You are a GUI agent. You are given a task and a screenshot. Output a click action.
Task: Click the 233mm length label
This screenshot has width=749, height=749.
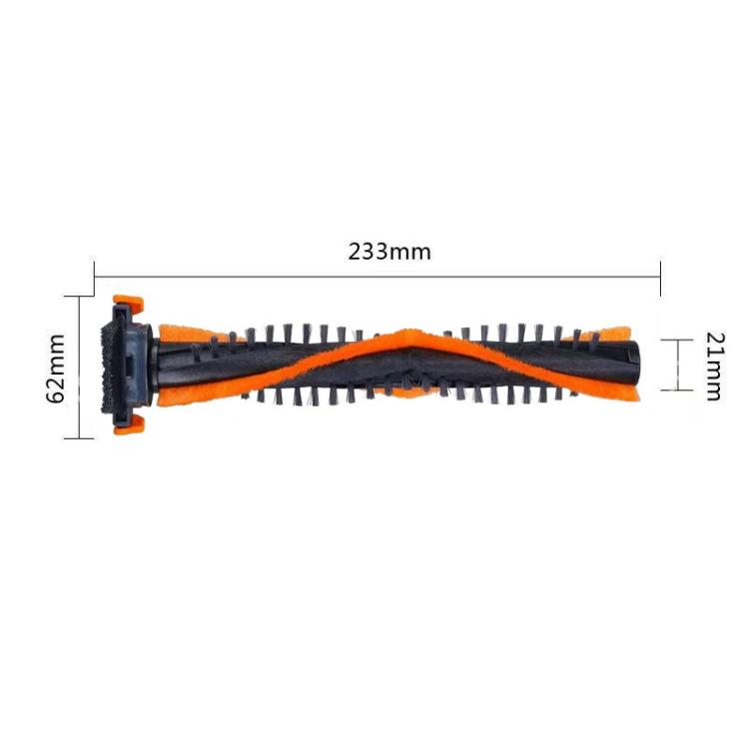[x=389, y=252]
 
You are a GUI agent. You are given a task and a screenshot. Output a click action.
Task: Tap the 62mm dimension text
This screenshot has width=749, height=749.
[x=56, y=367]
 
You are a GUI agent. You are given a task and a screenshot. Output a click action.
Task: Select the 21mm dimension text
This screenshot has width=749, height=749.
[x=712, y=366]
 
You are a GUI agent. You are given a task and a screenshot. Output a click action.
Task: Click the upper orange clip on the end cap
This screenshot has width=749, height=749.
[x=128, y=302]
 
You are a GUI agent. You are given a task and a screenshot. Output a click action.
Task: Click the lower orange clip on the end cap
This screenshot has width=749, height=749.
[x=128, y=424]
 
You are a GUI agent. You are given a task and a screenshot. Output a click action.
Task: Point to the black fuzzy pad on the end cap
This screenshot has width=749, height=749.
[x=104, y=365]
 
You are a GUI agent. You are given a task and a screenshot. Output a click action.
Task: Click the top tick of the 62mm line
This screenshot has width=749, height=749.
[x=78, y=297]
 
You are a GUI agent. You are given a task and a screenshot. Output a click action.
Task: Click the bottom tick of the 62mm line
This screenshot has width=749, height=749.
[x=78, y=438]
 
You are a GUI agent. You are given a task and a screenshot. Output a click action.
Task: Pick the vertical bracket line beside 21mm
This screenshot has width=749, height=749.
[x=678, y=365]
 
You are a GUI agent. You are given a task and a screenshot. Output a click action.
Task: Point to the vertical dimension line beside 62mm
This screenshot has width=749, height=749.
[x=78, y=368]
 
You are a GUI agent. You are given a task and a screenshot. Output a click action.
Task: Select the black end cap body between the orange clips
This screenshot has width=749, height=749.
[x=130, y=364]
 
